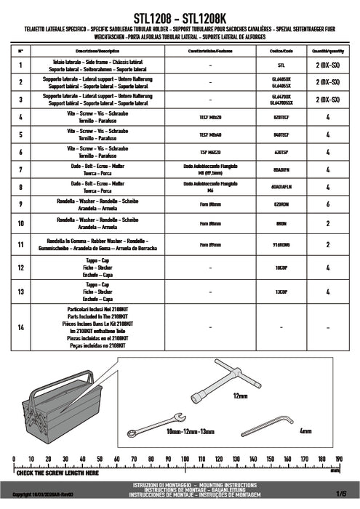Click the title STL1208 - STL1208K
click(180, 14)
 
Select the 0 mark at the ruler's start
click(13, 459)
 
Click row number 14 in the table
click(20, 326)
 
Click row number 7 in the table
click(20, 169)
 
